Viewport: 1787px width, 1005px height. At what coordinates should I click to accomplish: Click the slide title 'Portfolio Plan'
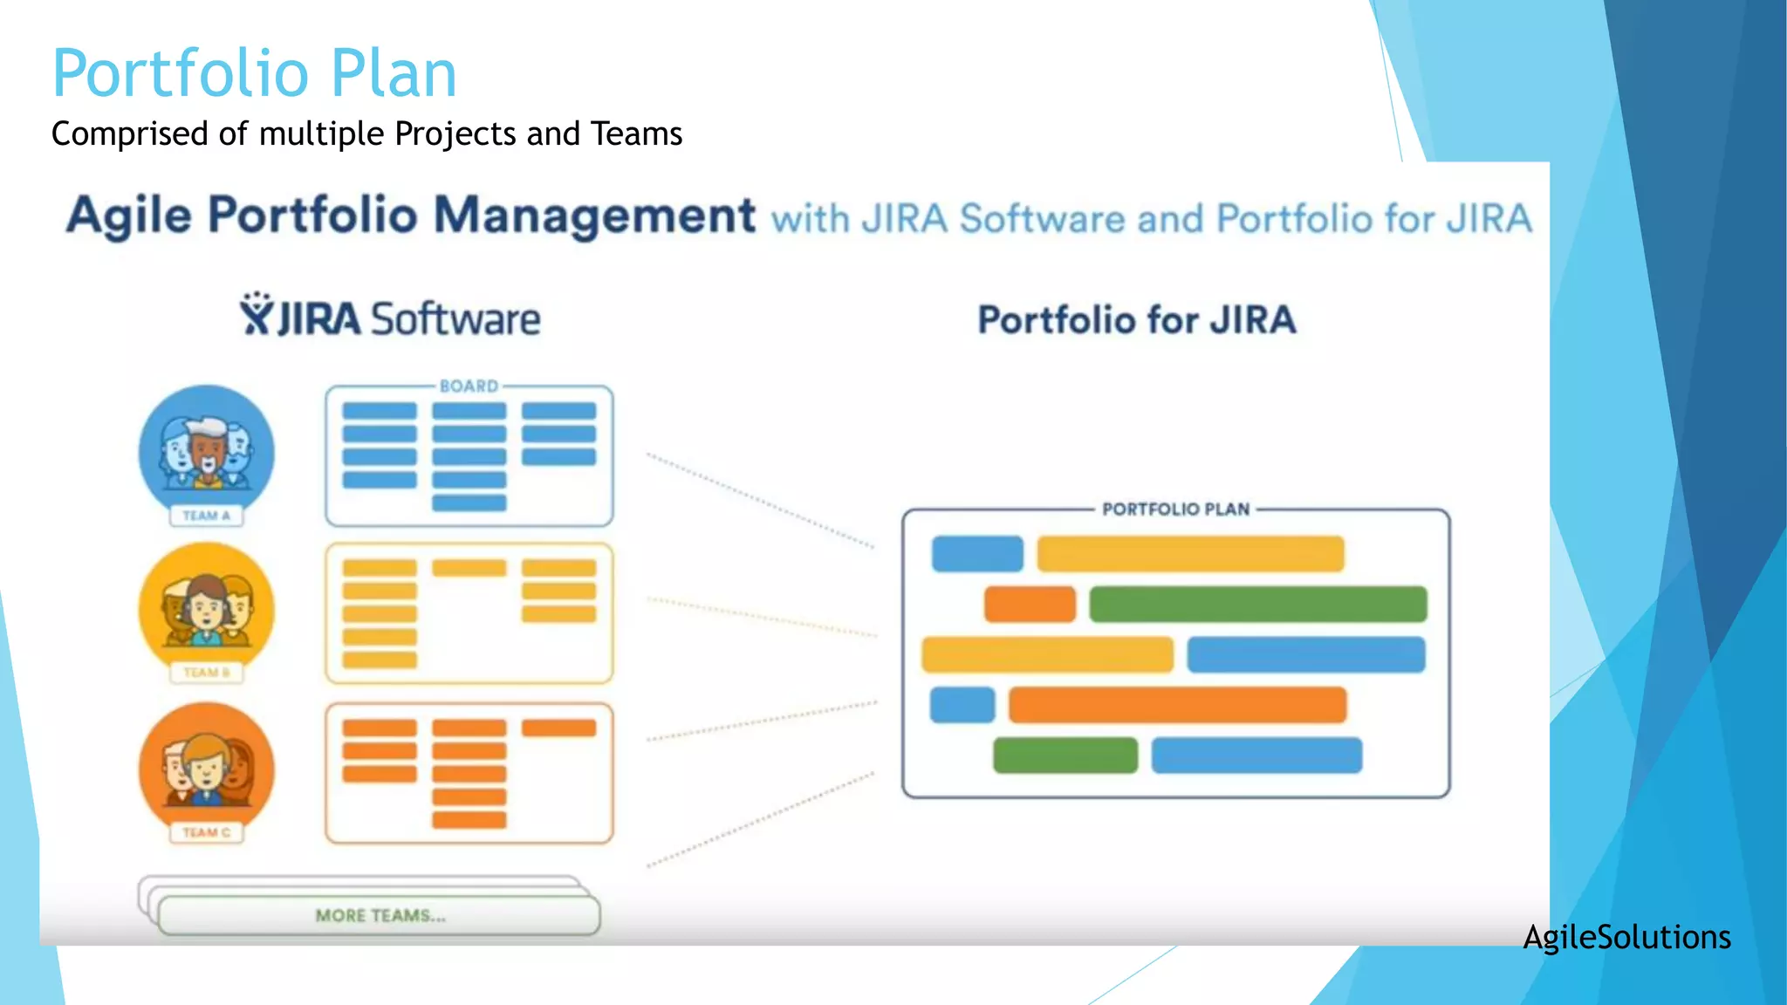pos(254,73)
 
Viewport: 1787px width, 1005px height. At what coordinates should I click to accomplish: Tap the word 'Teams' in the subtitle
pos(636,134)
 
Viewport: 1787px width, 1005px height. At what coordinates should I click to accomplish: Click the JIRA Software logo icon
pos(257,314)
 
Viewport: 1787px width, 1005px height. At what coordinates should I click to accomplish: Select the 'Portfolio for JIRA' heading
pos(1136,320)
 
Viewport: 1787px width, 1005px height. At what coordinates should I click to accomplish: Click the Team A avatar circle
pos(207,450)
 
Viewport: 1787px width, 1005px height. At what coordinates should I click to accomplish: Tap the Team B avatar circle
pos(207,608)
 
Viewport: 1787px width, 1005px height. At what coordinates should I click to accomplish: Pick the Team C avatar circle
pos(207,768)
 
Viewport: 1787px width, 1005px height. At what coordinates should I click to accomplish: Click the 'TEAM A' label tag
pos(207,516)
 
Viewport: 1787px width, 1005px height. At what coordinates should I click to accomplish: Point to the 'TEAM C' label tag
pos(207,832)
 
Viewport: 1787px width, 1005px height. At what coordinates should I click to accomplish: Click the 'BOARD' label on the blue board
pos(469,386)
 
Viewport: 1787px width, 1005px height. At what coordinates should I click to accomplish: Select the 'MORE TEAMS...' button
pos(380,916)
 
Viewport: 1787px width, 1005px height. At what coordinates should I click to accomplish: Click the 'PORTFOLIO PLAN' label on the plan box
pos(1175,509)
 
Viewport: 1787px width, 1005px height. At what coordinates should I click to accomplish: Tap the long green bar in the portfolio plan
pos(1257,605)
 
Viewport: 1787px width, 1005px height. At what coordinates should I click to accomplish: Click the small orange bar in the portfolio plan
pos(1030,605)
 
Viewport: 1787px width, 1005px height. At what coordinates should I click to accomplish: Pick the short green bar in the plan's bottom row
pos(1065,755)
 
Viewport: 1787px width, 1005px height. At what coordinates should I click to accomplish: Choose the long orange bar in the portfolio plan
pos(1177,705)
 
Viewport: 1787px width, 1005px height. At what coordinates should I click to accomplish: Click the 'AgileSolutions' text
pos(1626,937)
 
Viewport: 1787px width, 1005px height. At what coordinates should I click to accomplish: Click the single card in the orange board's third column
pos(558,728)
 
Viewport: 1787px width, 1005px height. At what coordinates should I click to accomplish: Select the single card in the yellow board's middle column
pos(469,568)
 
